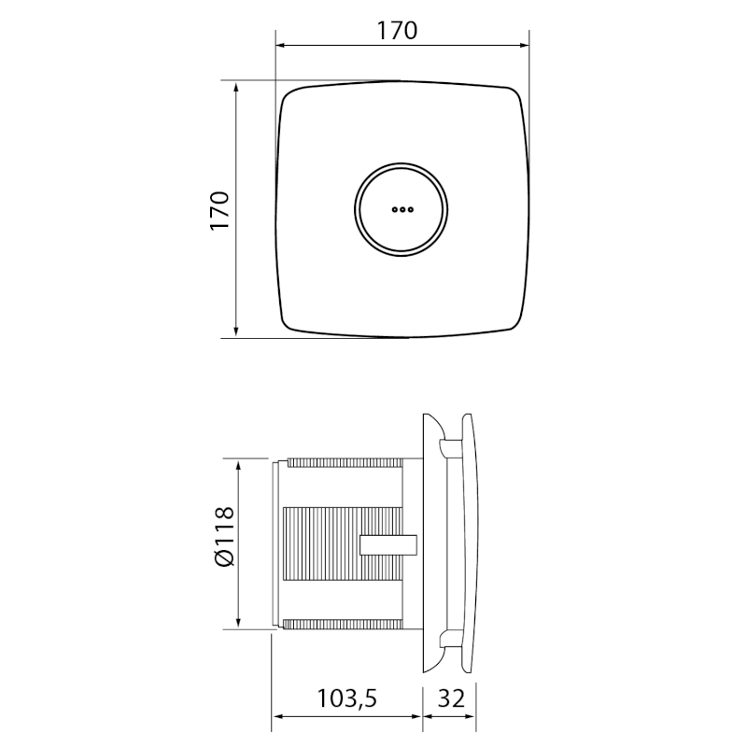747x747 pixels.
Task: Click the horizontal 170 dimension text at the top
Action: pyautogui.click(x=397, y=30)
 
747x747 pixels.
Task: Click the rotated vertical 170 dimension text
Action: pyautogui.click(x=218, y=211)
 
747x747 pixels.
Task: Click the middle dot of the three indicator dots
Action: pyautogui.click(x=402, y=210)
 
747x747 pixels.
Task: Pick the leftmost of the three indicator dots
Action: pyautogui.click(x=394, y=210)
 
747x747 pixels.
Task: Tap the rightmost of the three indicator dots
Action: pyautogui.click(x=409, y=210)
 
